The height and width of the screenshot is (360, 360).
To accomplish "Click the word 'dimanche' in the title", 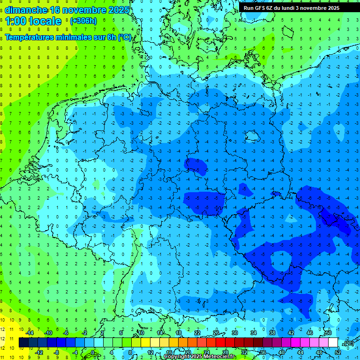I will (26, 9).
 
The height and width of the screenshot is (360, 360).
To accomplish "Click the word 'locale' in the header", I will (45, 21).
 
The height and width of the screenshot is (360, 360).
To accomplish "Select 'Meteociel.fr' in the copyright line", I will (220, 357).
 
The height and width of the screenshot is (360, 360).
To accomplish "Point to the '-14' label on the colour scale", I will (30, 332).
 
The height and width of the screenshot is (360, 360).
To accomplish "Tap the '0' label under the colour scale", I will (93, 352).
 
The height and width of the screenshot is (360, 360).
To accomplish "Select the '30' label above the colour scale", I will (234, 332).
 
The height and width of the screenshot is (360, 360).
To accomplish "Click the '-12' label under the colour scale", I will (39, 352).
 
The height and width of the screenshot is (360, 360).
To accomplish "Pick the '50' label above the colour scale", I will (328, 332).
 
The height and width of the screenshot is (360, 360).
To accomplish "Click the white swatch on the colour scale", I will (333, 342).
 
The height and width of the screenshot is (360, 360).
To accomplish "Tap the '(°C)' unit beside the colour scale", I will (348, 343).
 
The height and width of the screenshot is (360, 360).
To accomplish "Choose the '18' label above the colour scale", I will (179, 332).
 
